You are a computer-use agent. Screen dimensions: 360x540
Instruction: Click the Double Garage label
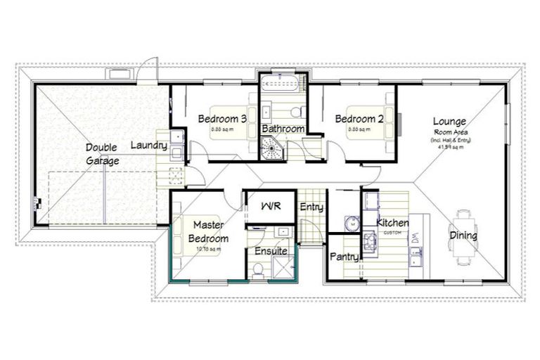(x=102, y=154)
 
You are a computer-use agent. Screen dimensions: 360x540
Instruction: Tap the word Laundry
(x=149, y=146)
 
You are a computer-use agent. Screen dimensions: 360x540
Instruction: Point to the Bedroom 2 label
(x=359, y=118)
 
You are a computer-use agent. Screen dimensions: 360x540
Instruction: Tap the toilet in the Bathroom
(x=297, y=111)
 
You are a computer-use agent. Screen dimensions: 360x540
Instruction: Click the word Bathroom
(x=283, y=129)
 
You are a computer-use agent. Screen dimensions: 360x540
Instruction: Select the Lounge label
(x=449, y=122)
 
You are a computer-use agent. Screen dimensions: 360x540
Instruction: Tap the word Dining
(x=463, y=236)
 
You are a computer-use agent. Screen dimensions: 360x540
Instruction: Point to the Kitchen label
(x=392, y=223)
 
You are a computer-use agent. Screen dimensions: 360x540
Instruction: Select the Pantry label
(x=345, y=257)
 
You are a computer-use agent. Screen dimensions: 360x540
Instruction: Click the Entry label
(x=311, y=207)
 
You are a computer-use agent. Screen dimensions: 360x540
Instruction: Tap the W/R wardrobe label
(x=270, y=207)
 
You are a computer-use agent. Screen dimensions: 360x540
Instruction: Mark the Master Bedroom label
(x=209, y=231)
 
